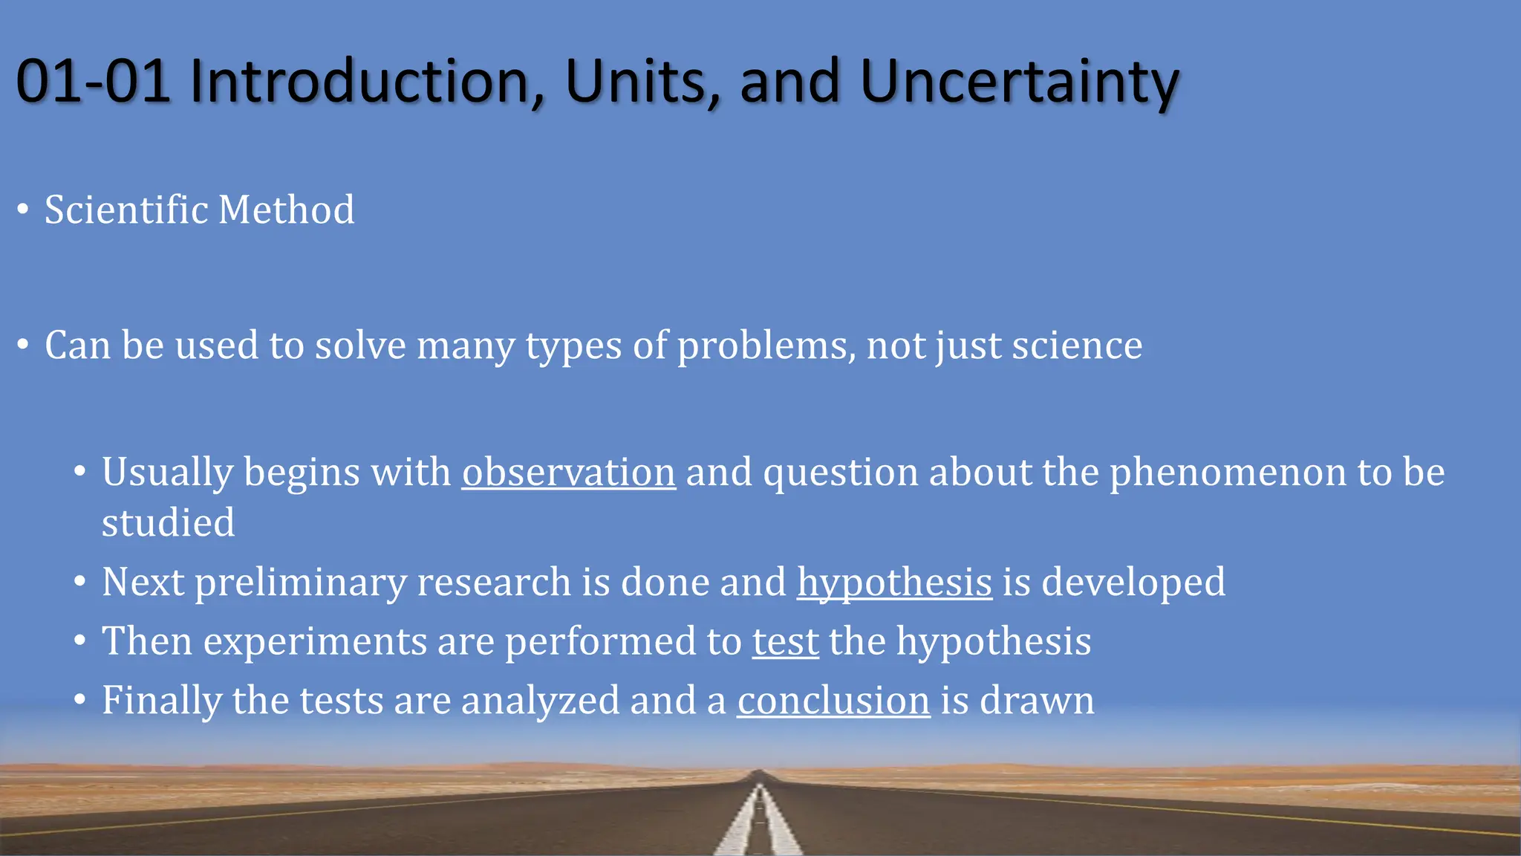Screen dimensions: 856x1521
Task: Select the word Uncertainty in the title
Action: coord(1019,82)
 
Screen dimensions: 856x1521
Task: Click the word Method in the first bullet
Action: coord(286,210)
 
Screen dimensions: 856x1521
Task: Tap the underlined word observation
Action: coord(569,473)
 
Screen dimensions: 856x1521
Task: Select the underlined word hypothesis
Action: coord(894,583)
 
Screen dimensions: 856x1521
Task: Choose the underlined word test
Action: coord(786,641)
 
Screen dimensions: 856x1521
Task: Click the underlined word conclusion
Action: coord(833,701)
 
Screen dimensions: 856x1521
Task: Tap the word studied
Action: coord(169,523)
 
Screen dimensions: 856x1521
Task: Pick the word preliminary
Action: coord(301,583)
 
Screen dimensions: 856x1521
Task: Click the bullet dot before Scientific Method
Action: coord(23,210)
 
